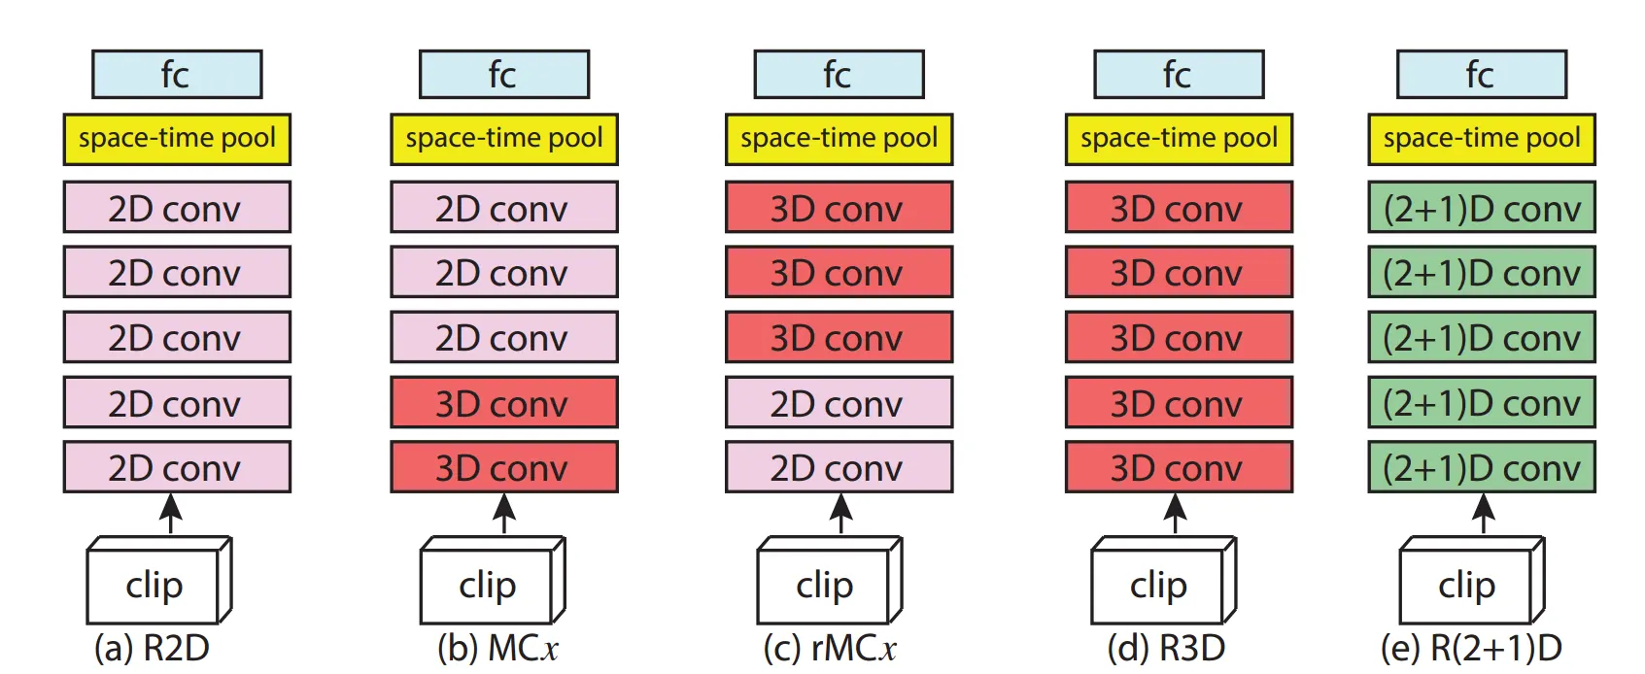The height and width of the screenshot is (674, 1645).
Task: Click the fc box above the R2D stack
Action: pyautogui.click(x=177, y=75)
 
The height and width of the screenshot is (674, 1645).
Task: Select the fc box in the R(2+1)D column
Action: pyautogui.click(x=1482, y=75)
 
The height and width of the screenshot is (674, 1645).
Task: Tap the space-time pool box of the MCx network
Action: pyautogui.click(x=504, y=139)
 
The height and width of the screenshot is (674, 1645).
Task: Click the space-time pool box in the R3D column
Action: pyautogui.click(x=1179, y=139)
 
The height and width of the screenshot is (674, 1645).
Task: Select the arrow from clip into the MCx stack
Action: pyautogui.click(x=503, y=514)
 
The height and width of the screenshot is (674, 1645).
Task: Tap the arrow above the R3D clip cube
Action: pyautogui.click(x=1175, y=514)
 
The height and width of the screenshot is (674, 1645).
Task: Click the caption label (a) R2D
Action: pyautogui.click(x=152, y=649)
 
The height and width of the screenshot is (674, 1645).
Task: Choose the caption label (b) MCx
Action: pyautogui.click(x=497, y=649)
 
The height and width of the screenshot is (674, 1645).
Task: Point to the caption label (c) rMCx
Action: pyautogui.click(x=830, y=649)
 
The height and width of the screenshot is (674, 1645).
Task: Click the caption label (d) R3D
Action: pyautogui.click(x=1166, y=649)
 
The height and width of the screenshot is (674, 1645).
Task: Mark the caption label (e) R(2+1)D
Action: pyautogui.click(x=1471, y=649)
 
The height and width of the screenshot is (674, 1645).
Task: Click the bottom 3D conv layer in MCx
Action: pyautogui.click(x=504, y=467)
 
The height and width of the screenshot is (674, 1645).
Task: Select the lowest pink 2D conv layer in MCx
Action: pyautogui.click(x=504, y=337)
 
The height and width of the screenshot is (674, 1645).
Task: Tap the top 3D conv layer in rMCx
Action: pyautogui.click(x=839, y=208)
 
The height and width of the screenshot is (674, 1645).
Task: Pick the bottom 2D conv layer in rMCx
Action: pyautogui.click(x=839, y=467)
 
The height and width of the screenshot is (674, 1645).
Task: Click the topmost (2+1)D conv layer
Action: pyautogui.click(x=1482, y=208)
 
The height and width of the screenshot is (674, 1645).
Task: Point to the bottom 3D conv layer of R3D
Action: pyautogui.click(x=1179, y=467)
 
